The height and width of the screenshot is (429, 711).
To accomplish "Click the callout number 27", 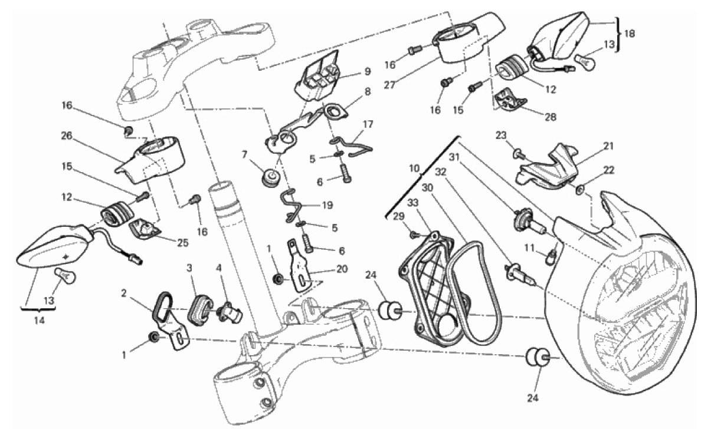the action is (x=390, y=85).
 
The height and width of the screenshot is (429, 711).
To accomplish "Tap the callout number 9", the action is (x=367, y=72).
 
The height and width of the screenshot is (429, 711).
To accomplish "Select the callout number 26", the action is (x=67, y=136).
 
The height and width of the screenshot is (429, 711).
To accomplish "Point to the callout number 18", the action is (x=630, y=34).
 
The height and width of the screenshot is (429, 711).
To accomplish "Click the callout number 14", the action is (x=40, y=320).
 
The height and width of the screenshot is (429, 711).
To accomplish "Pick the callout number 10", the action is (x=415, y=168).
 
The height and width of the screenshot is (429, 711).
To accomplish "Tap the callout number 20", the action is (x=342, y=269).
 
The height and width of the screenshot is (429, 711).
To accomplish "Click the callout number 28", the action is (x=551, y=117).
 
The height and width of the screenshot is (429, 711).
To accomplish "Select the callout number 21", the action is (x=608, y=146).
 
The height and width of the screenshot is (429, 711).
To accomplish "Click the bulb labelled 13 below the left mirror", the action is (x=66, y=277).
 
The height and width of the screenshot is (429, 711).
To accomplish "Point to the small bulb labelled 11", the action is (x=551, y=256).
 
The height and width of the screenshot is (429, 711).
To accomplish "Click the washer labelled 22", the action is (x=580, y=190).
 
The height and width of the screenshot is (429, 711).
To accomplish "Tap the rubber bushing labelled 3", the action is (x=201, y=311).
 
